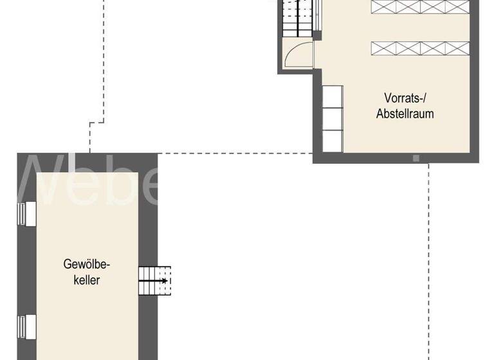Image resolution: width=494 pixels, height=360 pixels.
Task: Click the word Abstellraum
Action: pos(405,114)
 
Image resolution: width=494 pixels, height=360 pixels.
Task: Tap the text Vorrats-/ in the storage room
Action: pos(405,99)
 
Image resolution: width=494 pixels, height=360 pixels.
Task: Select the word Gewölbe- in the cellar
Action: pos(87,264)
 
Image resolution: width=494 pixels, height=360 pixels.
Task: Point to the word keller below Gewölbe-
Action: pos(87,280)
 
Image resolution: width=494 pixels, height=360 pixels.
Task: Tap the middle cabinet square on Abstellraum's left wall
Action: pos(333,119)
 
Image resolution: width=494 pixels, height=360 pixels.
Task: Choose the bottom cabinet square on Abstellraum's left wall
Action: pos(333,141)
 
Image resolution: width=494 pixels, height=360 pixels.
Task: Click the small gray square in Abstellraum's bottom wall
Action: pos(416,156)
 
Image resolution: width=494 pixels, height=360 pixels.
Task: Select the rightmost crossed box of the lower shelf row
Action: pos(457,48)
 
